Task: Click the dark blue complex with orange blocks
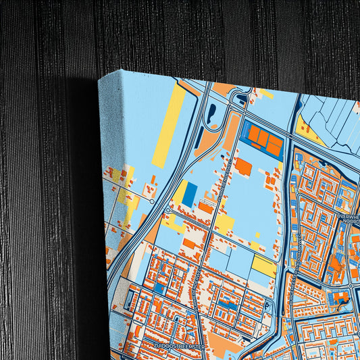coord(264,139)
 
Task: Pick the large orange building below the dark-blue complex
coord(243,167)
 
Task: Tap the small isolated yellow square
coord(257,234)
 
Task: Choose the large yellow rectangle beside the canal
coord(264,266)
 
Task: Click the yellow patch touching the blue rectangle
coord(181,192)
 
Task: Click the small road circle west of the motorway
coord(152,201)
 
